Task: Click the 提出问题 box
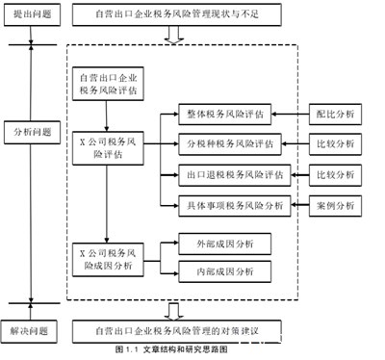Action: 32,16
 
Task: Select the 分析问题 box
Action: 32,131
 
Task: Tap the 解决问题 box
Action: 32,331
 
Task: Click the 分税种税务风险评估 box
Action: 231,144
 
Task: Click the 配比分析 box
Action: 335,114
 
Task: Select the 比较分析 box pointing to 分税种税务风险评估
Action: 335,144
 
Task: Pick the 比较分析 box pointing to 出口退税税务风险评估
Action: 335,175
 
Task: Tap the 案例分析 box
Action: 335,205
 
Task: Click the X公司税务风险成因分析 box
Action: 109,258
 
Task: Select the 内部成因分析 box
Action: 224,272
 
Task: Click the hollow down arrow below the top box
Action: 173,36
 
